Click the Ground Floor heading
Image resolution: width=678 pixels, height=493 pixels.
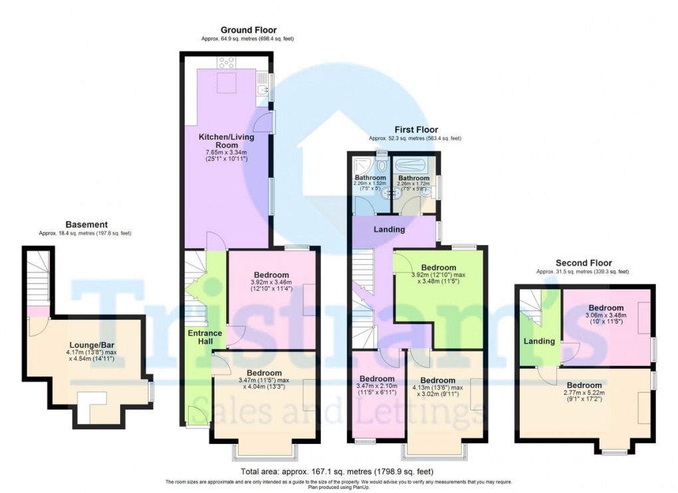click(249, 30)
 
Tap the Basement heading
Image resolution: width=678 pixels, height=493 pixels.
click(86, 225)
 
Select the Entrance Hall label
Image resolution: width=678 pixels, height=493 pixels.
click(199, 337)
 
